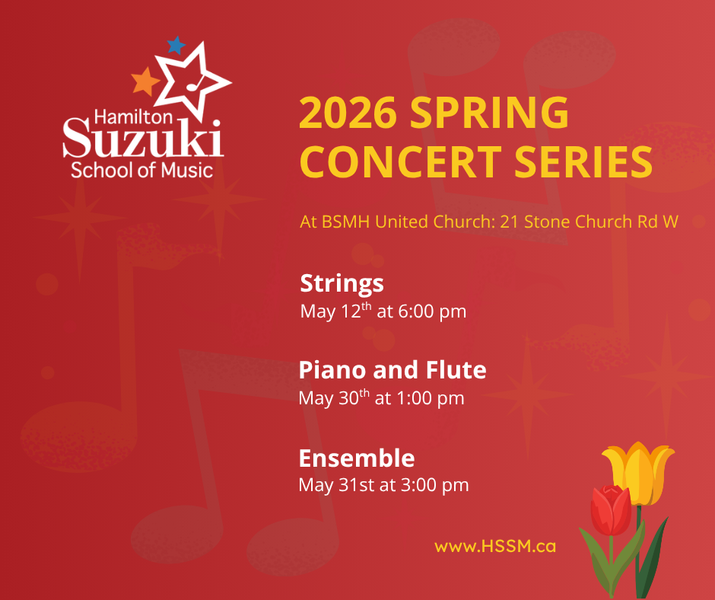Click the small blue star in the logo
pyautogui.click(x=176, y=45)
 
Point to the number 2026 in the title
pyautogui.click(x=348, y=113)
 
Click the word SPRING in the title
pyautogui.click(x=490, y=113)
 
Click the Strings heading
pyautogui.click(x=342, y=283)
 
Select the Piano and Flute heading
pyautogui.click(x=392, y=370)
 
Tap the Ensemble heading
pyautogui.click(x=356, y=458)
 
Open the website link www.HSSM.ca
pyautogui.click(x=494, y=546)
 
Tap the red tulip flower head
pyautogui.click(x=611, y=509)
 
